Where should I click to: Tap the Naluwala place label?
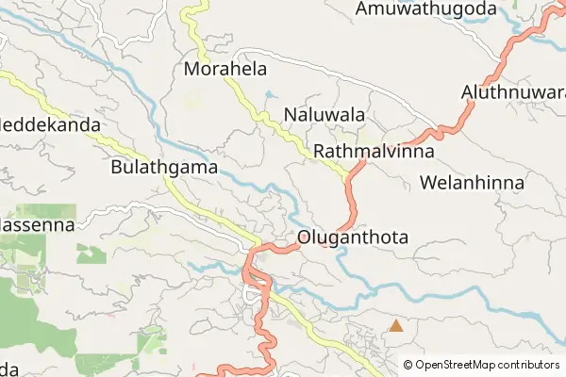pyautogui.click(x=324, y=115)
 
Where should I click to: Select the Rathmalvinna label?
pyautogui.click(x=373, y=151)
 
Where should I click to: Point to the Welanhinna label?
pyautogui.click(x=472, y=182)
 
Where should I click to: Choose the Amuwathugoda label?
pyautogui.click(x=425, y=9)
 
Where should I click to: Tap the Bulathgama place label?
pyautogui.click(x=164, y=168)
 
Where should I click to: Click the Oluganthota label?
pyautogui.click(x=352, y=238)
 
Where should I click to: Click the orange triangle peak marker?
pyautogui.click(x=397, y=326)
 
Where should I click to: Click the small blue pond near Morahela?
pyautogui.click(x=268, y=94)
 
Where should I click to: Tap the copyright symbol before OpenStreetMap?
pyautogui.click(x=408, y=364)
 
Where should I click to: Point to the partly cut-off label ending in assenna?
pyautogui.click(x=33, y=227)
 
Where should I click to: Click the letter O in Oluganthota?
pyautogui.click(x=304, y=238)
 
